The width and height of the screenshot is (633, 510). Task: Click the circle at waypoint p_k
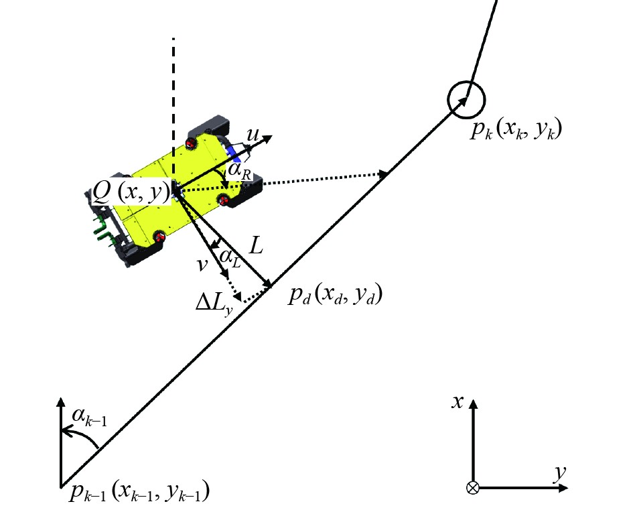click(466, 98)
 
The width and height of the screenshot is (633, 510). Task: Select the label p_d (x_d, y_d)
click(335, 295)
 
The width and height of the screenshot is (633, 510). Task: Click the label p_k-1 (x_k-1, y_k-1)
click(139, 493)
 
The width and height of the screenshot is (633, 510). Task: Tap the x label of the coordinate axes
click(458, 402)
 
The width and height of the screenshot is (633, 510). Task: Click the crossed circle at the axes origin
click(473, 488)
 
